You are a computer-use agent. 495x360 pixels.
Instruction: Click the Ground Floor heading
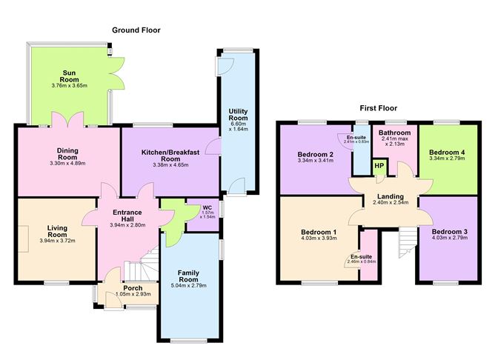pyautogui.click(x=136, y=30)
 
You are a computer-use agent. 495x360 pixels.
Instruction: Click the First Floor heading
pyautogui.click(x=379, y=107)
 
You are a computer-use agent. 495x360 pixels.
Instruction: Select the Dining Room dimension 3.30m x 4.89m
pyautogui.click(x=67, y=162)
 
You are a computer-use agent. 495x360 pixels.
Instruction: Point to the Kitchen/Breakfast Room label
pyautogui.click(x=171, y=154)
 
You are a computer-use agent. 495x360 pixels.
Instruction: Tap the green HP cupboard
pyautogui.click(x=379, y=165)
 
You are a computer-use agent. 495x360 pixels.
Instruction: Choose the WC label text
pyautogui.click(x=197, y=207)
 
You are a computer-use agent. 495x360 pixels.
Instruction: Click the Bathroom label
pyautogui.click(x=395, y=133)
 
